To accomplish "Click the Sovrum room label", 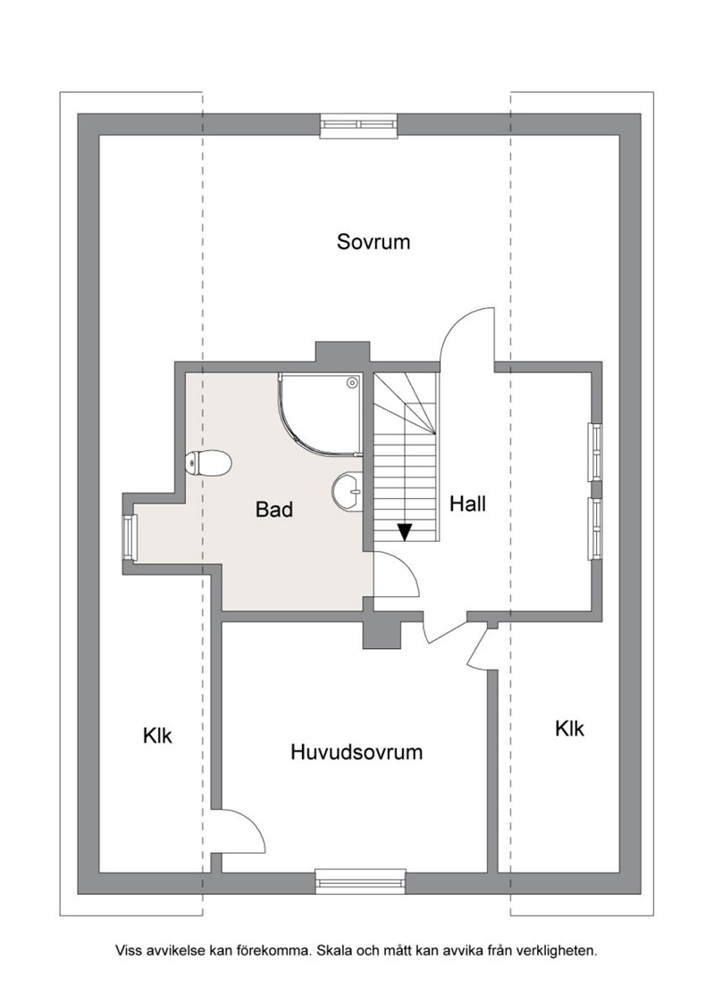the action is pos(373,242).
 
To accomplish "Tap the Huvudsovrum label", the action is pos(356,752).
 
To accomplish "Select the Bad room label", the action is pos(274,510).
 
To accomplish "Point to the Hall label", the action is pos(467,504).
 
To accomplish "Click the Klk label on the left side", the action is pos(157,736).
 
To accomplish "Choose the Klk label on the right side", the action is pos(569,729).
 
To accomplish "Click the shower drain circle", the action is pos(351,383).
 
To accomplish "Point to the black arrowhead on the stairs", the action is pos(404,531).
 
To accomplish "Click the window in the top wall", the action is pos(358,125).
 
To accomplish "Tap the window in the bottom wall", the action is pos(360,881).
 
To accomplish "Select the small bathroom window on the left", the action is pos(130,537).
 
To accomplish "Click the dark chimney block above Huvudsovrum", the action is pos(382,635).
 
